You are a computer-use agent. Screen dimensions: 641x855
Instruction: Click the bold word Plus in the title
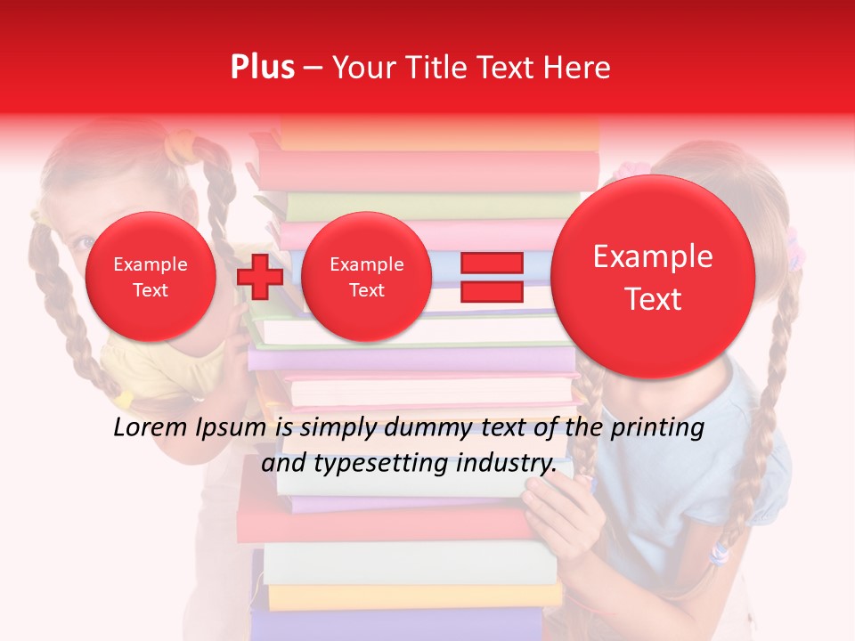pos(262,68)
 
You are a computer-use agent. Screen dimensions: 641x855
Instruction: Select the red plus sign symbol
pos(259,276)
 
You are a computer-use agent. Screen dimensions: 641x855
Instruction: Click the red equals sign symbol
pos(491,277)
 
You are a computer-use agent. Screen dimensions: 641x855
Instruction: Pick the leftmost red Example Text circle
pos(151,277)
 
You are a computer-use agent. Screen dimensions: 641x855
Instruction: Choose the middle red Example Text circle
pos(366,277)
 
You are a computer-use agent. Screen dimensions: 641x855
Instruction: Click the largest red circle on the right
pos(653,277)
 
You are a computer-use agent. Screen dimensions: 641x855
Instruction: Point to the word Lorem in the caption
pos(151,428)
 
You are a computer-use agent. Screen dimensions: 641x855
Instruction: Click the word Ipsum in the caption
pos(231,428)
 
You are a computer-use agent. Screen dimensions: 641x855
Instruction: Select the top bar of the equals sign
pos(491,263)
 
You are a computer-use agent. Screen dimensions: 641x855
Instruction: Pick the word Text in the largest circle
pos(653,299)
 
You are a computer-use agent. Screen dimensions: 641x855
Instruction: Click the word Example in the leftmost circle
pos(151,264)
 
